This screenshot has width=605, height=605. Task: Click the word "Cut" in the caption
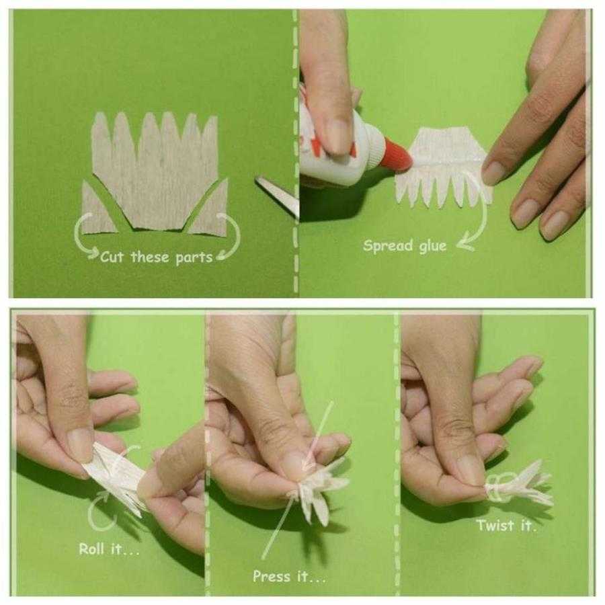pos(112,257)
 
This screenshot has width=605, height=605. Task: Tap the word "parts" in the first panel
pos(194,258)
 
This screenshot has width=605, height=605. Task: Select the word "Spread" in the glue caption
pos(388,246)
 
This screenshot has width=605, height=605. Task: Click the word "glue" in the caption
pos(433,247)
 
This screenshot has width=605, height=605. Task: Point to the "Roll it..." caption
pos(109,549)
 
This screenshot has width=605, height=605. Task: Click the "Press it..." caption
pos(289,577)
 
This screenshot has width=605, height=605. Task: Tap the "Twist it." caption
pos(506,525)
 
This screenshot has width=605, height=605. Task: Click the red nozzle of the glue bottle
pos(397,155)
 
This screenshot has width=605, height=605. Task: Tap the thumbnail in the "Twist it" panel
pos(471,471)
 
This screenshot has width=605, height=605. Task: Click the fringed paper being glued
pos(444,166)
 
